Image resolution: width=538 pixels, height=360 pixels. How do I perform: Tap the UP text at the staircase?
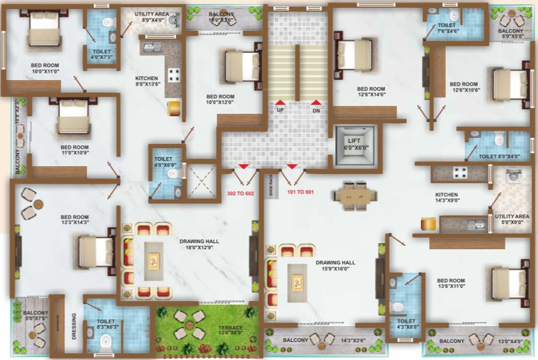pos(280,111)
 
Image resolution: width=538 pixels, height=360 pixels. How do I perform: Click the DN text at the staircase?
pos(317,111)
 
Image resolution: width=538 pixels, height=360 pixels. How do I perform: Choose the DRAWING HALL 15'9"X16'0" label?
pos(335,266)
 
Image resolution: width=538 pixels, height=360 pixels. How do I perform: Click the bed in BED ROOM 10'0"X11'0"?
pos(43,30)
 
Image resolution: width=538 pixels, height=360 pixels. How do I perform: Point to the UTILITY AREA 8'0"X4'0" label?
pos(152,16)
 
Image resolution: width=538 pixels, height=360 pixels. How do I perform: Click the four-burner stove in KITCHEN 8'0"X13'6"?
pos(175,75)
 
